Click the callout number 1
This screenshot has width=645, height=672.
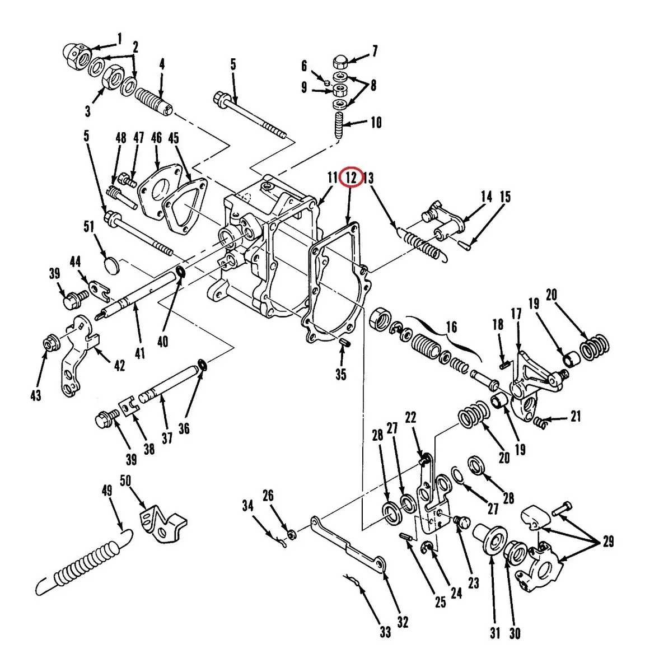[x=119, y=39]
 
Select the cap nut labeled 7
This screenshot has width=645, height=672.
[x=341, y=62]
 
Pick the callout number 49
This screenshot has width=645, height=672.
[x=107, y=491]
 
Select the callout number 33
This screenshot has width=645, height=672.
[x=385, y=632]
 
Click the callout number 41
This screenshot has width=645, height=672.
[x=140, y=352]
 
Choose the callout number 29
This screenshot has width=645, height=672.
[x=607, y=542]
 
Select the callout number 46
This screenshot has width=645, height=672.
[x=156, y=137]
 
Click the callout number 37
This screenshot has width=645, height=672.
[x=167, y=437]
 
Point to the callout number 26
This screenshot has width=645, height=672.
[x=268, y=496]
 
